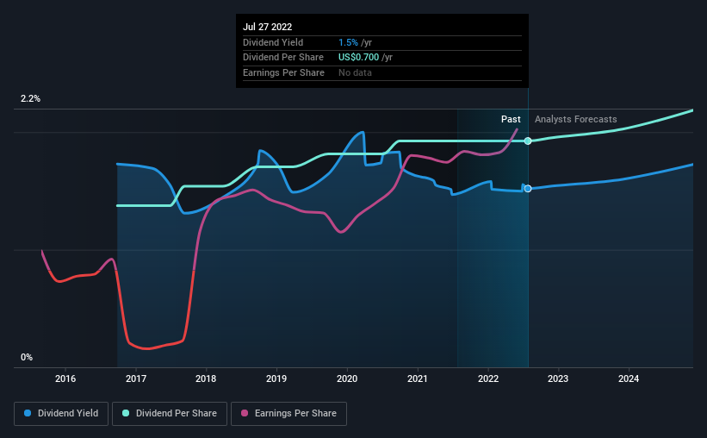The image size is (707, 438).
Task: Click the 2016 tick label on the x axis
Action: pyautogui.click(x=65, y=379)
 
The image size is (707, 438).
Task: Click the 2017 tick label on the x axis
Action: pyautogui.click(x=135, y=379)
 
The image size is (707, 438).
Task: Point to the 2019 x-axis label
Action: pyautogui.click(x=276, y=379)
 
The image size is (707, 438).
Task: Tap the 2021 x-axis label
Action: pyautogui.click(x=418, y=379)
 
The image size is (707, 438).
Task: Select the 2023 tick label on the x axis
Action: pyautogui.click(x=558, y=379)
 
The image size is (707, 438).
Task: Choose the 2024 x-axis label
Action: pyautogui.click(x=629, y=379)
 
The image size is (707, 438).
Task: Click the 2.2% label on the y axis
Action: pyautogui.click(x=30, y=99)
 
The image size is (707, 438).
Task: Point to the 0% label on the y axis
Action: pyautogui.click(x=27, y=357)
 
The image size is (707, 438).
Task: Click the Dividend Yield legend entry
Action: pyautogui.click(x=61, y=414)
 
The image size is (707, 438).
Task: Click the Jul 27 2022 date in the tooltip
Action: pyautogui.click(x=268, y=27)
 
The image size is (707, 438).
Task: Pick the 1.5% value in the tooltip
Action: pyautogui.click(x=347, y=42)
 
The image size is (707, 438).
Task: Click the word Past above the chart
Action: pyautogui.click(x=511, y=119)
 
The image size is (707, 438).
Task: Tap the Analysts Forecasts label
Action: pyautogui.click(x=575, y=119)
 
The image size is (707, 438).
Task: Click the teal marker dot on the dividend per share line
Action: pyautogui.click(x=528, y=141)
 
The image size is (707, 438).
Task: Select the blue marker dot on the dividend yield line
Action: pyautogui.click(x=528, y=189)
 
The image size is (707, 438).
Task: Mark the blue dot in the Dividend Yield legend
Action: pyautogui.click(x=28, y=414)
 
